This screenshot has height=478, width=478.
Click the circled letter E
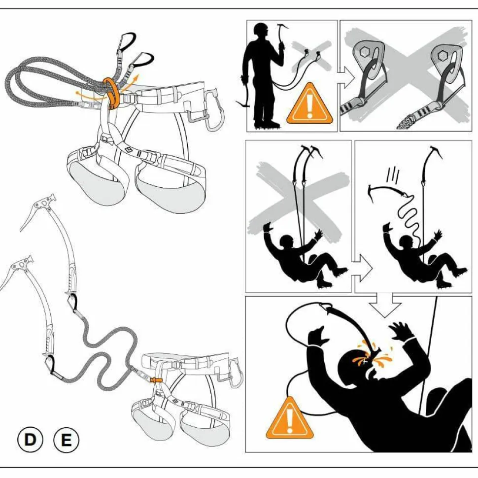coord(66,440)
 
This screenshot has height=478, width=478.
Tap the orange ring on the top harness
coord(111,93)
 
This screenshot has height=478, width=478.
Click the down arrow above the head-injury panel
coord(385,305)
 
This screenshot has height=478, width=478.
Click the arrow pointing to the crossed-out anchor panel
coord(346,78)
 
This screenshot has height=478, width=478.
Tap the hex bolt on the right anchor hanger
coord(443,56)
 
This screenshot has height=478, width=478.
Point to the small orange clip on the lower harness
coord(156,379)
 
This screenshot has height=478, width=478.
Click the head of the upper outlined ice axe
coord(39,207)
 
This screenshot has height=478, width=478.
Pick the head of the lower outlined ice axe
coord(18,268)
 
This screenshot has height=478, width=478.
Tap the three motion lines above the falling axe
coord(393,174)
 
